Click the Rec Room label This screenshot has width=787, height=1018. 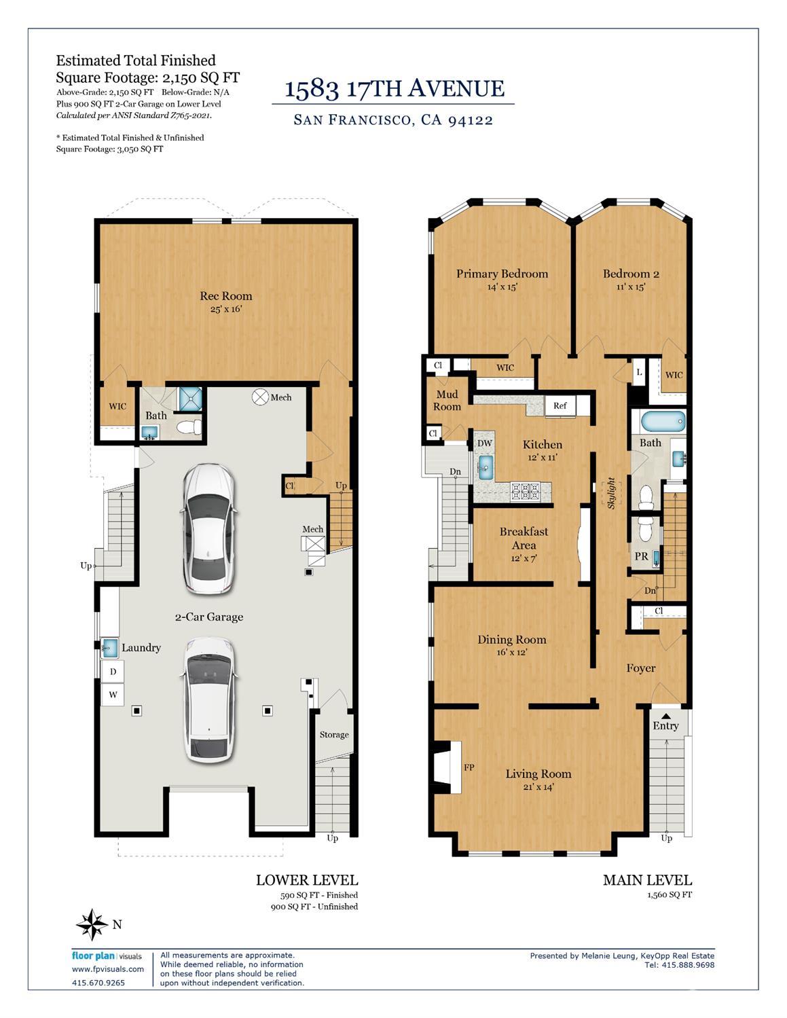(x=225, y=296)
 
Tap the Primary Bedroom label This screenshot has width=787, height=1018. (x=502, y=274)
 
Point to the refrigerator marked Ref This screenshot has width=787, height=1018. (x=560, y=406)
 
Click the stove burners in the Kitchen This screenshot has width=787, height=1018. (x=525, y=491)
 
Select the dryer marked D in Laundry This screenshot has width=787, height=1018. (x=113, y=672)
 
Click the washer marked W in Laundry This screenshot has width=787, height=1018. (x=113, y=695)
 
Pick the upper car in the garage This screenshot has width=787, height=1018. (x=208, y=528)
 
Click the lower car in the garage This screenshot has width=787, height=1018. (x=208, y=699)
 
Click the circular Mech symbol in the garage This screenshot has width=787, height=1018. (x=260, y=397)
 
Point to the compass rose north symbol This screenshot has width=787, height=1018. (x=92, y=924)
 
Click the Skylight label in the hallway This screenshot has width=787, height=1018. (x=611, y=493)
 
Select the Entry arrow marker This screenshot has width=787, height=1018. (x=665, y=716)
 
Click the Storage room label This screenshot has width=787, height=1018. (x=334, y=735)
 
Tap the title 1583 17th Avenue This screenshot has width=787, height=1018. (x=394, y=88)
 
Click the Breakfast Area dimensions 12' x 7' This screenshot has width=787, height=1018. (x=524, y=558)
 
